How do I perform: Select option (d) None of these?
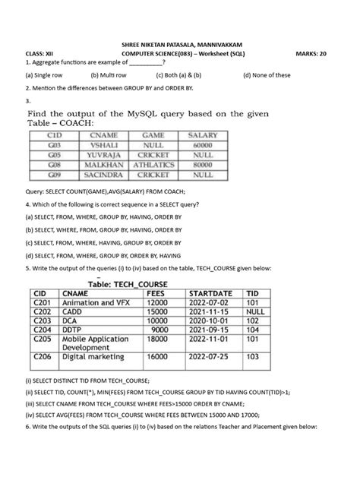point(267,76)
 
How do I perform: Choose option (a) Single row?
point(48,76)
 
